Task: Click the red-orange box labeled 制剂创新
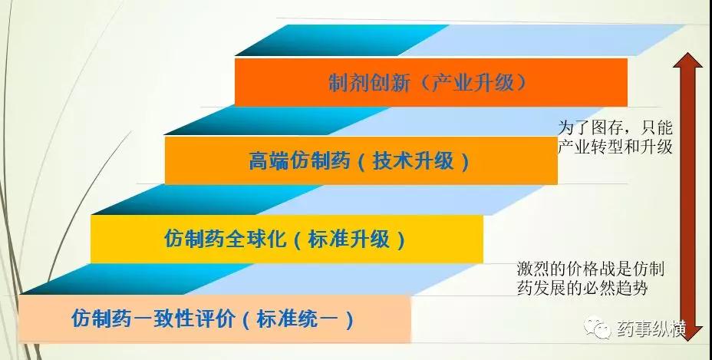pos(431,82)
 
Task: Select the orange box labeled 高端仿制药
pos(361,160)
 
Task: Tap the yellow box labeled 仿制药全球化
pos(286,239)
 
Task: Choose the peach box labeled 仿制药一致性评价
pos(215,319)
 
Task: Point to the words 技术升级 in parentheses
pos(414,161)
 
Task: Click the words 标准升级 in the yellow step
pos(349,239)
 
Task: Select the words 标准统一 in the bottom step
pos(298,319)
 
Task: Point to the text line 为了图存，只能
pos(615,127)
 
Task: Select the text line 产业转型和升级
pos(615,147)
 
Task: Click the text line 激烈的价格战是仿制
pos(590,269)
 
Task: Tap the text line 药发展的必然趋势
pos(582,288)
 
